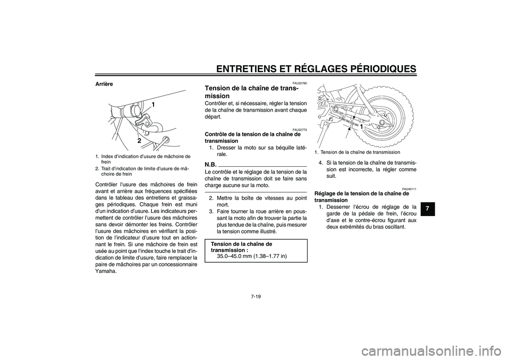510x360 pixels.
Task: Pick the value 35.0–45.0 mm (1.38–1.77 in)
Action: click(252, 256)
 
